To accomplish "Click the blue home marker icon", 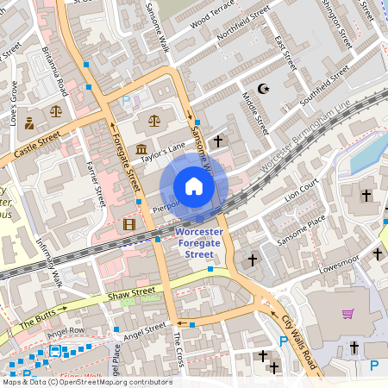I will pyautogui.click(x=194, y=186).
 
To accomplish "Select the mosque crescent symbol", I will pyautogui.click(x=264, y=89).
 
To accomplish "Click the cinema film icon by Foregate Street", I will pyautogui.click(x=129, y=225).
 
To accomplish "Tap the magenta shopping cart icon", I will pyautogui.click(x=347, y=314).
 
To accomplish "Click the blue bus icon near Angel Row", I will pyautogui.click(x=56, y=351).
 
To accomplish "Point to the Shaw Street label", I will pyautogui.click(x=134, y=295).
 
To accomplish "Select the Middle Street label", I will pyautogui.click(x=256, y=116).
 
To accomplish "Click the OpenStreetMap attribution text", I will pyautogui.click(x=87, y=381).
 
